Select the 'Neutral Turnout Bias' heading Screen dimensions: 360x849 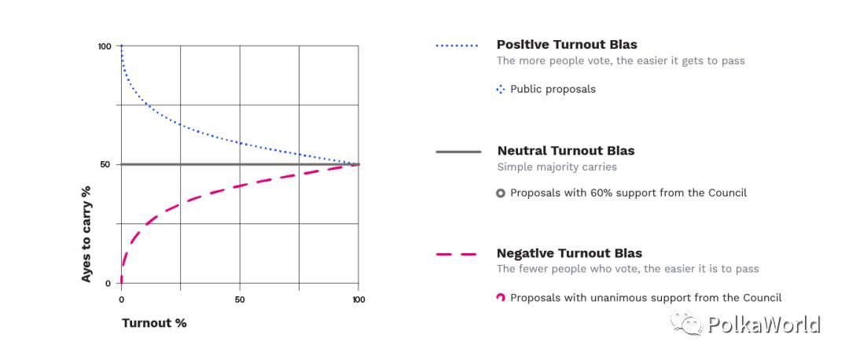566,150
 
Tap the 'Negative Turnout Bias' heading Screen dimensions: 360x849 569,253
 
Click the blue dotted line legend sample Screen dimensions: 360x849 458,46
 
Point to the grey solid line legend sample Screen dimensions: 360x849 458,151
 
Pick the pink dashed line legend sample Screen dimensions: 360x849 457,255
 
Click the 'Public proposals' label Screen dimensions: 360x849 553,89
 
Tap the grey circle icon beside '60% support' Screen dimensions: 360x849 501,193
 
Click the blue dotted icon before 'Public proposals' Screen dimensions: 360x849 501,90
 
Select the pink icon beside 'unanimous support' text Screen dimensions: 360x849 501,298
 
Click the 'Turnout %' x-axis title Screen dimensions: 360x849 154,323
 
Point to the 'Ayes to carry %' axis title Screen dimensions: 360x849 86,234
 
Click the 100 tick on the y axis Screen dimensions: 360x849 105,46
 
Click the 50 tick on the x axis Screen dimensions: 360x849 240,299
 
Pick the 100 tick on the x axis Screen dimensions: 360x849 358,299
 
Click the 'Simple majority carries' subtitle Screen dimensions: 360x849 557,167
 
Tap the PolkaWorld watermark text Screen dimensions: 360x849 763,325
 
